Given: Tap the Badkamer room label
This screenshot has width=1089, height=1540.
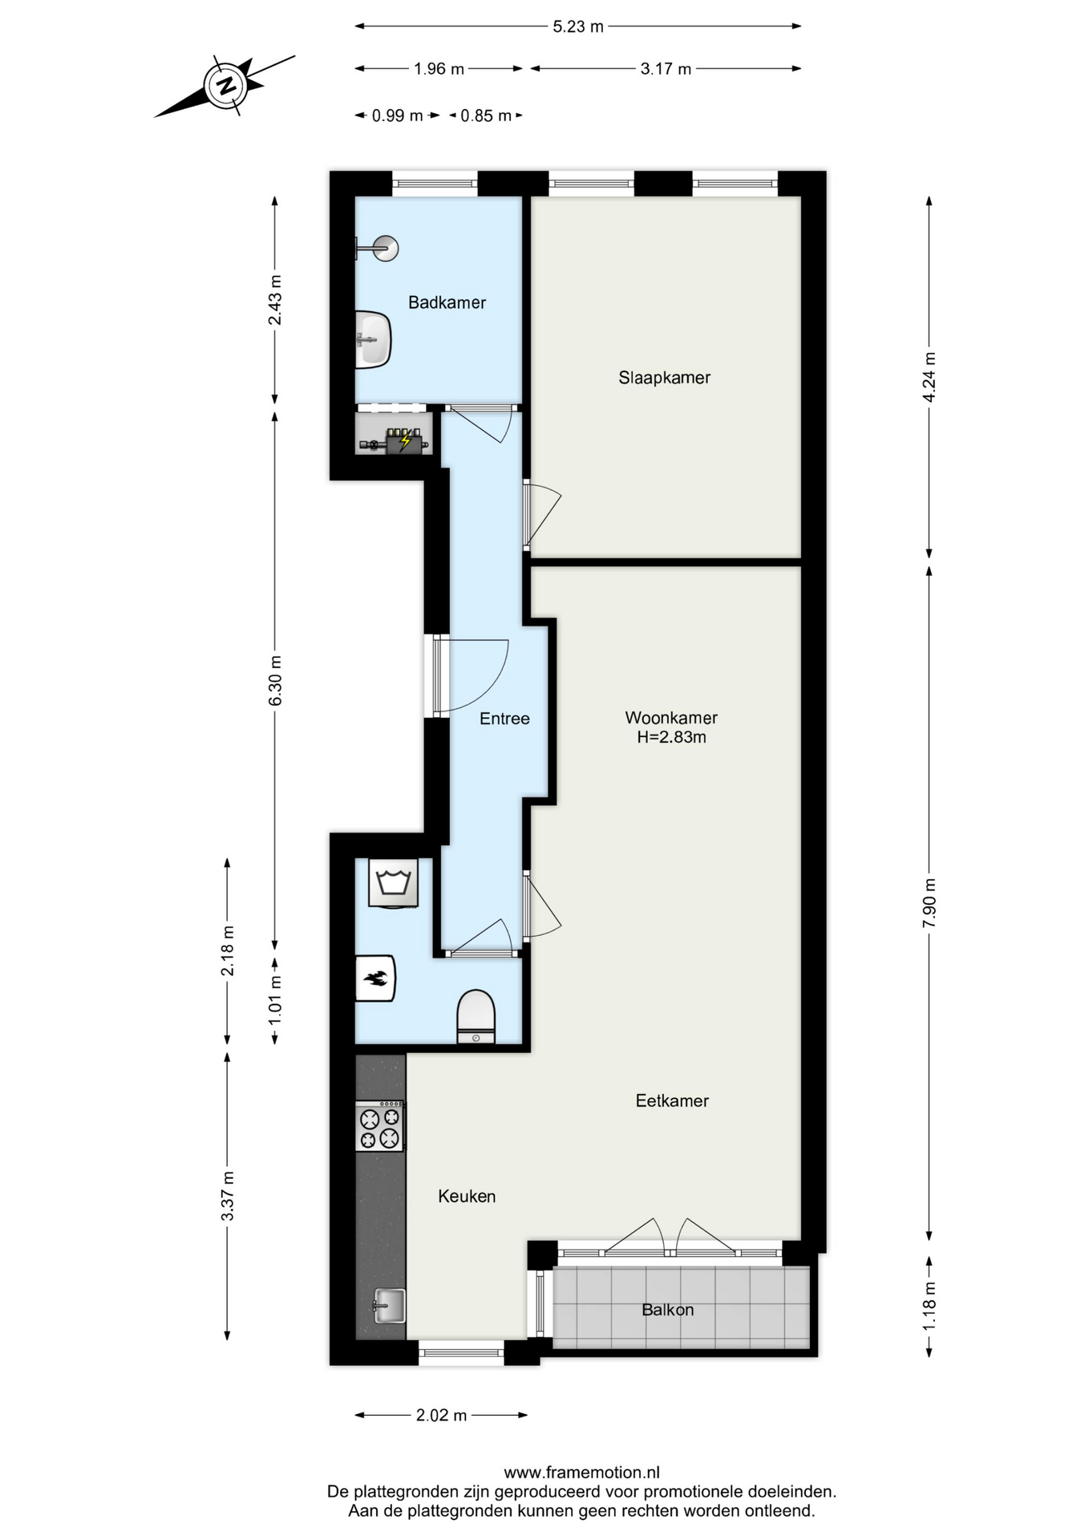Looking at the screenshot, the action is pyautogui.click(x=447, y=302).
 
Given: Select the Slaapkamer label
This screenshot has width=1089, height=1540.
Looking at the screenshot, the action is pyautogui.click(x=664, y=377).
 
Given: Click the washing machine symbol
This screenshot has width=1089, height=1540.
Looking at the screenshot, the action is pyautogui.click(x=393, y=883).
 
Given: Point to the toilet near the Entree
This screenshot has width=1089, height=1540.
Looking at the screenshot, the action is pyautogui.click(x=476, y=1016).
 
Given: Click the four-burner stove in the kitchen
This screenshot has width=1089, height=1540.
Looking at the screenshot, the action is pyautogui.click(x=380, y=1126).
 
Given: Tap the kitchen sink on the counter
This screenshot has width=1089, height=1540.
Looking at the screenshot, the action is pyautogui.click(x=389, y=1306).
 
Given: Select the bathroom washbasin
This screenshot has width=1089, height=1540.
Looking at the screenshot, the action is pyautogui.click(x=373, y=339).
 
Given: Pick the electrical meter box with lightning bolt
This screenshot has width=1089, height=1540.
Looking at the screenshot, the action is pyautogui.click(x=404, y=440).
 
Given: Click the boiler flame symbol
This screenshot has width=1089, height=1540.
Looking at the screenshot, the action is pyautogui.click(x=375, y=978).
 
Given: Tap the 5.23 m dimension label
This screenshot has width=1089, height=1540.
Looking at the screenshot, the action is pyautogui.click(x=578, y=26).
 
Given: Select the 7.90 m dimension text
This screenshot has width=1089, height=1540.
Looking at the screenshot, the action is pyautogui.click(x=929, y=903).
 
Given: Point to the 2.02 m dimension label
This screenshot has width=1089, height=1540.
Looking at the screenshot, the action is pyautogui.click(x=441, y=1415).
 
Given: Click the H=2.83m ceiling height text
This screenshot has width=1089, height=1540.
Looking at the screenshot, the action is pyautogui.click(x=672, y=737).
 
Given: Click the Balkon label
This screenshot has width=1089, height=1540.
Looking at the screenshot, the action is pyautogui.click(x=668, y=1310).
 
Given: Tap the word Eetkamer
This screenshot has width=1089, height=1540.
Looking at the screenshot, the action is pyautogui.click(x=672, y=1100).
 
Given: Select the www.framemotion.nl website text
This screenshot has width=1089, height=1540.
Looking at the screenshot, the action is pyautogui.click(x=581, y=1472).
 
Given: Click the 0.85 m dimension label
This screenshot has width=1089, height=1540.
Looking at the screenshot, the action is pyautogui.click(x=486, y=115).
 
